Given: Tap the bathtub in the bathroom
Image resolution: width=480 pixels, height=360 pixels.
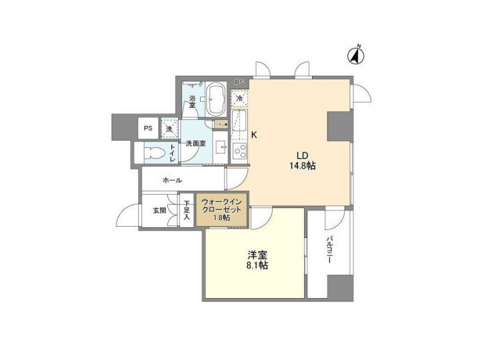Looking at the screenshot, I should point(215,100).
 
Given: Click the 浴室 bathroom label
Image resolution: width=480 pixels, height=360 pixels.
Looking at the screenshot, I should point(191,102).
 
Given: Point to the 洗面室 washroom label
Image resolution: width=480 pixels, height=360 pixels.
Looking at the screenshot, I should point(195,142).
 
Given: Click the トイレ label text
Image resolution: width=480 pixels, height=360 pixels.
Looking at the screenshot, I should point(172,153).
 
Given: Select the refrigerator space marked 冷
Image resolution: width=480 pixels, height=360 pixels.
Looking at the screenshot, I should point(239,99).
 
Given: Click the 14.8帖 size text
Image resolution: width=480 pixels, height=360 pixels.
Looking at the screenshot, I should point(301,165).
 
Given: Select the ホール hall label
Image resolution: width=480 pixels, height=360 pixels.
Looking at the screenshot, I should point(172,180).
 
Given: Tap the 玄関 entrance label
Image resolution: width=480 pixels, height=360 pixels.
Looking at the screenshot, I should point(159,210).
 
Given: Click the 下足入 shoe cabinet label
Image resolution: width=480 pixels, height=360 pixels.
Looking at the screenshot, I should point(187,210).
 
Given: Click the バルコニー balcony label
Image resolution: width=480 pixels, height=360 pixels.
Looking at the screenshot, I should point(329,251).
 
